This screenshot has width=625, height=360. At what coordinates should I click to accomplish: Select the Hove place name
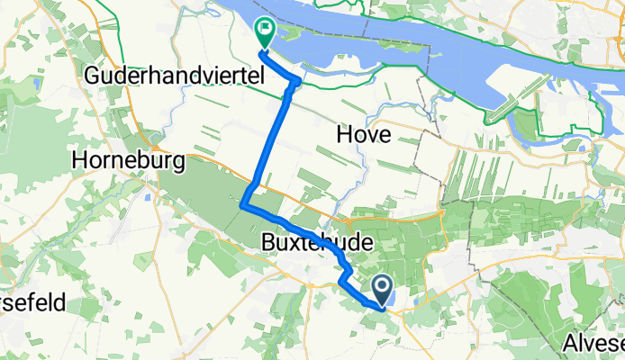pyautogui.click(x=362, y=135)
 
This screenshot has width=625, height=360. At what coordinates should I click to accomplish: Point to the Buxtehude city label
pyautogui.click(x=308, y=242)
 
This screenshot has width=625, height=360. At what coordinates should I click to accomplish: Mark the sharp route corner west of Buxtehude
pyautogui.click(x=242, y=206)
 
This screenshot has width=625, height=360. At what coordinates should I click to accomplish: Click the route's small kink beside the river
pyautogui.click(x=294, y=84)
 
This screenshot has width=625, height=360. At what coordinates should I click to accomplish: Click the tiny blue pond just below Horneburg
pyautogui.click(x=145, y=193)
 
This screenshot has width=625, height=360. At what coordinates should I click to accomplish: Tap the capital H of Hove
pyautogui.click(x=342, y=135)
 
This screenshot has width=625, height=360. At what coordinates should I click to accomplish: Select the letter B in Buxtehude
pyautogui.click(x=267, y=242)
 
